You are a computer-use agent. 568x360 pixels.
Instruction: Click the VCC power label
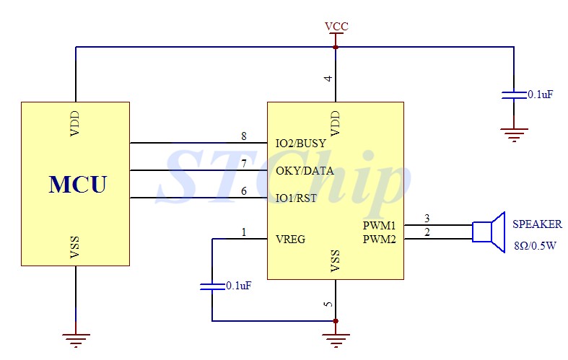[x=336, y=27]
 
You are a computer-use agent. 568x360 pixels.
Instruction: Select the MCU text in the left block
[x=78, y=185]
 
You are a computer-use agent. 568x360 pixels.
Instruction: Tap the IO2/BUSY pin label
[x=301, y=144]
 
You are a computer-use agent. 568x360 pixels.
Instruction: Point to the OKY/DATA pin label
[x=305, y=170]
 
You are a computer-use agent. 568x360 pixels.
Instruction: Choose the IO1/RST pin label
[x=297, y=198]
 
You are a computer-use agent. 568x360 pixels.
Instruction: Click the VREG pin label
[x=291, y=239]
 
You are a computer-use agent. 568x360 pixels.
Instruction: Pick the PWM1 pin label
[x=380, y=225]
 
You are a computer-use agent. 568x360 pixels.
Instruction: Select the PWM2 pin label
[x=380, y=239]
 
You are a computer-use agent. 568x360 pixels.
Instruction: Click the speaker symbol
[x=489, y=232]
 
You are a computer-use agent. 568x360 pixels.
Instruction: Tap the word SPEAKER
[x=537, y=224]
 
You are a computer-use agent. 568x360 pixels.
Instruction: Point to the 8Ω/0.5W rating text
[x=535, y=246]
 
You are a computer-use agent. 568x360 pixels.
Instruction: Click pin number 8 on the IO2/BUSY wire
[x=244, y=136]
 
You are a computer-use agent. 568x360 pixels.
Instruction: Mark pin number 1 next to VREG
[x=244, y=232]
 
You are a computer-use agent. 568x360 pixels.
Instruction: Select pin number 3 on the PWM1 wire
[x=427, y=218]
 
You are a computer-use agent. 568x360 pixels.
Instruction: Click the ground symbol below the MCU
[x=76, y=340]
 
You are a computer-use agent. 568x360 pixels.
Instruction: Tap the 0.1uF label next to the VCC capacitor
[x=540, y=95]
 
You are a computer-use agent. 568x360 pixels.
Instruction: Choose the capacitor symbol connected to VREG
[x=212, y=286]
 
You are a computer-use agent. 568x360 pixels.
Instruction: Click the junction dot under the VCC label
[x=336, y=47]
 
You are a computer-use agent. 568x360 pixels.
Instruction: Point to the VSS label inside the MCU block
[x=74, y=247]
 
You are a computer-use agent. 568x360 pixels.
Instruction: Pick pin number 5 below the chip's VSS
[x=328, y=304]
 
